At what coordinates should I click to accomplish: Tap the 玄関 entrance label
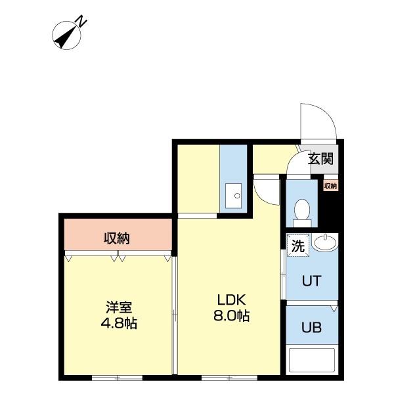tap(320, 158)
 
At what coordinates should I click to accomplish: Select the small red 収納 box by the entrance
tap(330, 186)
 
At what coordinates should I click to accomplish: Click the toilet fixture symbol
tap(303, 211)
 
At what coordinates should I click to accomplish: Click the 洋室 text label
tap(119, 307)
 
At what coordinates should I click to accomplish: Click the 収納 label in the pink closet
tap(117, 238)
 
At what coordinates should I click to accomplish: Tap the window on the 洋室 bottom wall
tap(117, 378)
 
